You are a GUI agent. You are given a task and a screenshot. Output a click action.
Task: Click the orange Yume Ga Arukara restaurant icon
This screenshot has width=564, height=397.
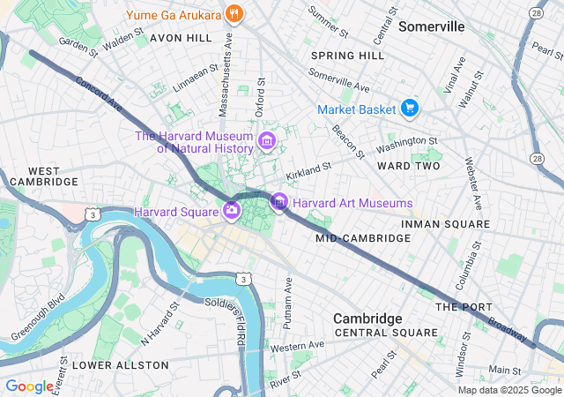pos(234,14)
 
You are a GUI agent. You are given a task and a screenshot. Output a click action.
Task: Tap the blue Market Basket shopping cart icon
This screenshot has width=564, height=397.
pos(409,109)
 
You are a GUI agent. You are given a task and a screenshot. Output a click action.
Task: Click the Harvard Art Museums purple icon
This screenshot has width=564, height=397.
pos(279,203)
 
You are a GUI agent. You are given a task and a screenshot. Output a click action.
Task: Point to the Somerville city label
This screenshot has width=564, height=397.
pos(431,26)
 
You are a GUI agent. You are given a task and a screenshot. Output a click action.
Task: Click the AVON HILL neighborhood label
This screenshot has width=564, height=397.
pos(181,39)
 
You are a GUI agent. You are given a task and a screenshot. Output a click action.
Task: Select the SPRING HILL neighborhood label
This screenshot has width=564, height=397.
pos(347,56)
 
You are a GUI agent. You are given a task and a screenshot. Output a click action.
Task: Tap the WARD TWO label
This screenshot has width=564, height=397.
pos(408,166)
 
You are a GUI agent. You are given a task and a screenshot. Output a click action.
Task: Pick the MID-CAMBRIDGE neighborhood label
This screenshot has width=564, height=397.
pos(352,238)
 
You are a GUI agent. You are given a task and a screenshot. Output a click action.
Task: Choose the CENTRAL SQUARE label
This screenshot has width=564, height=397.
pos(386,333)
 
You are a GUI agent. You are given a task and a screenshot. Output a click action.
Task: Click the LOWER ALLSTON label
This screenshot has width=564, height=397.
pos(120,364)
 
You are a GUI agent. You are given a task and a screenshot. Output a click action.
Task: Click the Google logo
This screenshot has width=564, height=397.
pos(29,386)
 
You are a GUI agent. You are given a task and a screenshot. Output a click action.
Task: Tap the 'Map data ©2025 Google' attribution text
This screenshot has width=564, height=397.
pos(508,390)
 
